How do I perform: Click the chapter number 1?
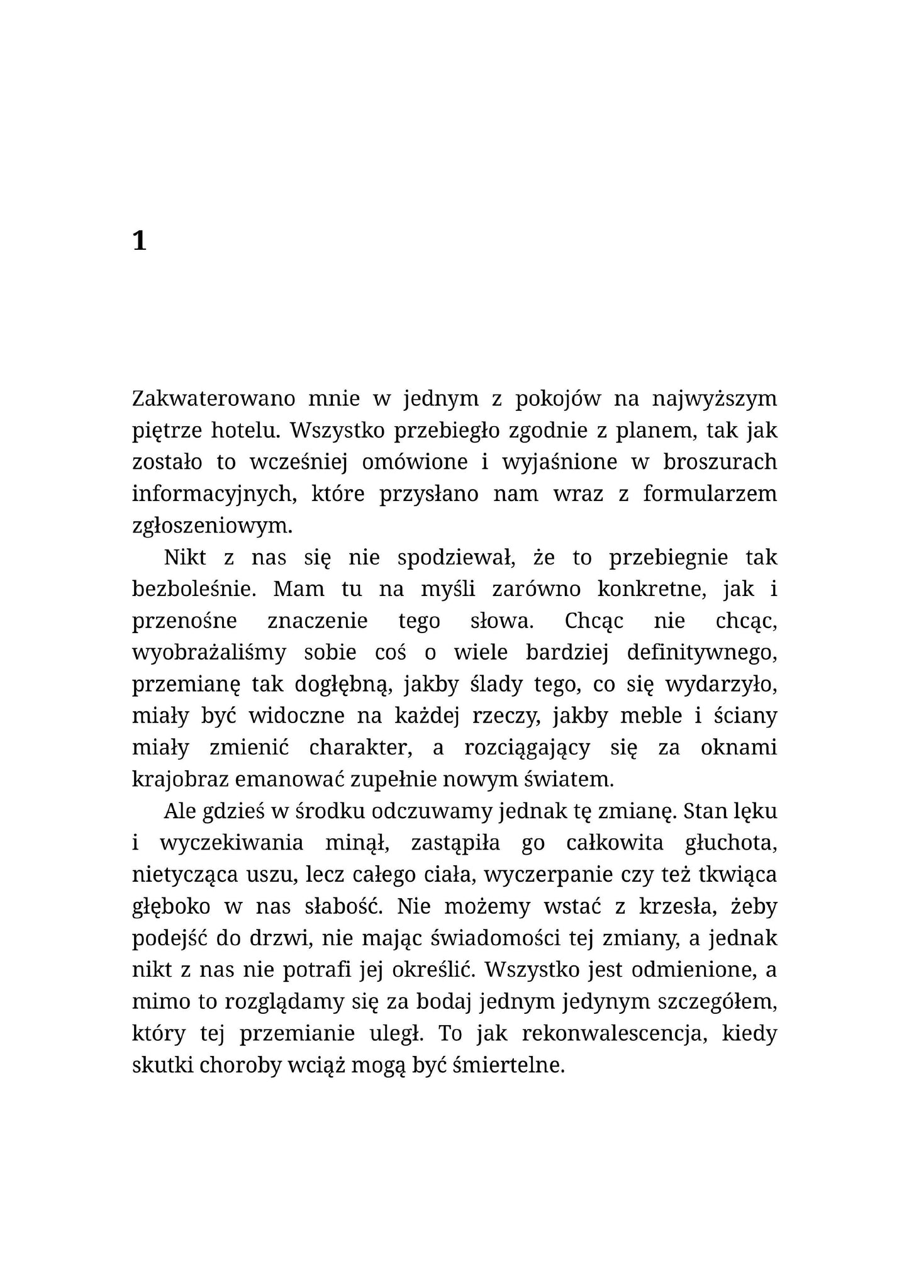click(140, 241)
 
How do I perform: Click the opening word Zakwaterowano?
click(214, 399)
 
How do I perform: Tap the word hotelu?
click(244, 430)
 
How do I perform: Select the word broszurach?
click(720, 462)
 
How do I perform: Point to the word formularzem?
click(710, 494)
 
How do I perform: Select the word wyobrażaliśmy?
click(209, 653)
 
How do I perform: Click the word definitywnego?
click(702, 653)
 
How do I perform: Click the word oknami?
click(739, 748)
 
